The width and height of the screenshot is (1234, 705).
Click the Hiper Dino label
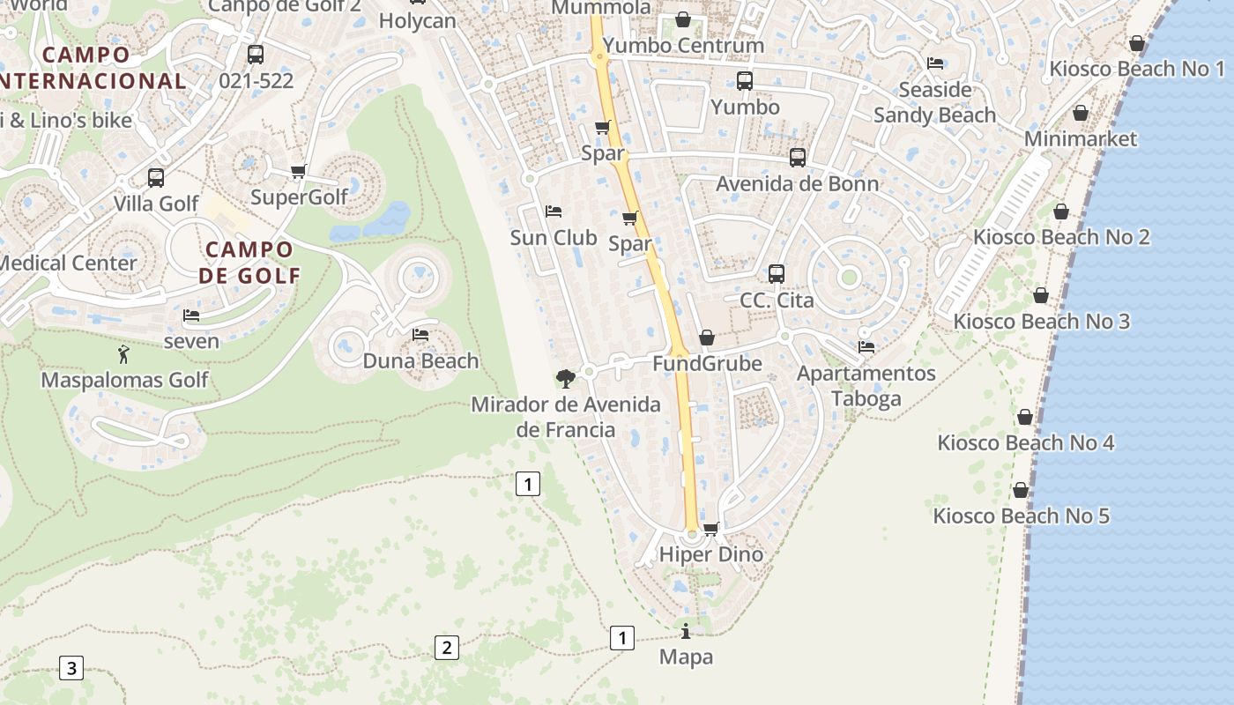(x=710, y=554)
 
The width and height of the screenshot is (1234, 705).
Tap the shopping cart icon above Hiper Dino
(x=711, y=530)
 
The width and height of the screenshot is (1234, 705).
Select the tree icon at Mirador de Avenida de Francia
(x=566, y=379)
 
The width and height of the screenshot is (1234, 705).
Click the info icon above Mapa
(x=686, y=631)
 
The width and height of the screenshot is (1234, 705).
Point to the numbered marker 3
(x=71, y=667)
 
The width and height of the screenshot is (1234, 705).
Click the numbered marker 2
(x=447, y=648)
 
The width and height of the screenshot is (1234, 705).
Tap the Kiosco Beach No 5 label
(x=1021, y=516)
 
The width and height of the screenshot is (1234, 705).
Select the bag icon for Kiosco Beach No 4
(x=1025, y=417)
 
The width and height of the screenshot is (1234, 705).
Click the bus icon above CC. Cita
(x=776, y=274)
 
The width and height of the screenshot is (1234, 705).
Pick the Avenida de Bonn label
(x=797, y=183)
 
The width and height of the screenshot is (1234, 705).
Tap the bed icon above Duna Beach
(x=420, y=335)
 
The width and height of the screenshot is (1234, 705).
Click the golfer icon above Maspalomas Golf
(x=123, y=354)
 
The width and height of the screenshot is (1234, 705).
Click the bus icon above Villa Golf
(x=156, y=178)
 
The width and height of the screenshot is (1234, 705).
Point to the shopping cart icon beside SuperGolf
(x=299, y=172)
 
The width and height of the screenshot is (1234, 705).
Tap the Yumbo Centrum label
(x=684, y=45)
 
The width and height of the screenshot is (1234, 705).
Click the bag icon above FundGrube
(x=707, y=338)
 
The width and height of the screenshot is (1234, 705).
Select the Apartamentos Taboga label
(x=866, y=386)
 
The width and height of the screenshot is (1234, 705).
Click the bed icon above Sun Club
(x=554, y=211)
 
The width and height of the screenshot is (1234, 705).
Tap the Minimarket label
(x=1080, y=138)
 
